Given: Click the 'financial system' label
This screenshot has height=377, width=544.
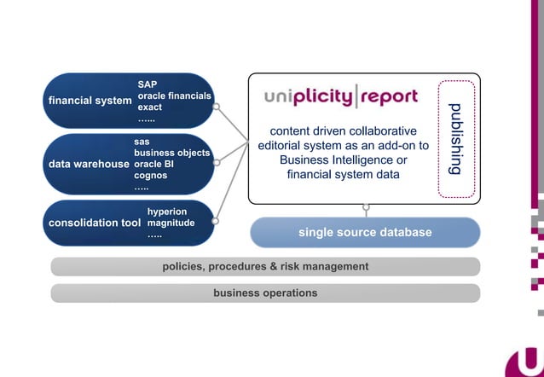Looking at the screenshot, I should point(90,101).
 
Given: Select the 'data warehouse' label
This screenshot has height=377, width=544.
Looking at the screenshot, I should point(88,164).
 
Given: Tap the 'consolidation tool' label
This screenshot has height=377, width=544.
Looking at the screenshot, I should point(94,223).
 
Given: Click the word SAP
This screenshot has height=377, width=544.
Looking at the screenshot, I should point(148,84).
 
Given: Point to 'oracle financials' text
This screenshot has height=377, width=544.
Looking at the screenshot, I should point(175,96).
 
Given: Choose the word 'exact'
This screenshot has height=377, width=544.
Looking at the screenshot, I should point(150,108).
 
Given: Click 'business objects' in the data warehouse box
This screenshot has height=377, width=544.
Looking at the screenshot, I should point(171,153).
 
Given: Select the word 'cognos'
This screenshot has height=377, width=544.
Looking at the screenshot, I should point(150,176).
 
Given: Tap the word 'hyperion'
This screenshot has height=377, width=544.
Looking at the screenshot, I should point(167,211).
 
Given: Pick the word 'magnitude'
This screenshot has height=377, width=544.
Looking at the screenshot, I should point(171,223).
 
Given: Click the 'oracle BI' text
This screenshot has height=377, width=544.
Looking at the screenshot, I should point(154,164).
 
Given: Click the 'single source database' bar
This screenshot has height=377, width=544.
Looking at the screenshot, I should point(365,232).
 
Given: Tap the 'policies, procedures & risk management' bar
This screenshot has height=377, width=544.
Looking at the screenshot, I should point(265,266).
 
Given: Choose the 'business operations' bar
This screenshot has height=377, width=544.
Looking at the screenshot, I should point(265,293).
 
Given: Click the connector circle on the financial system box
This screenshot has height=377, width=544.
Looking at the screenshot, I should point(217,107).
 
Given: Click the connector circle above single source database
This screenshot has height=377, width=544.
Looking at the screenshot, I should point(366,206).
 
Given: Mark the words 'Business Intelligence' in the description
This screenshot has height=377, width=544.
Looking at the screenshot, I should point(336,160).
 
